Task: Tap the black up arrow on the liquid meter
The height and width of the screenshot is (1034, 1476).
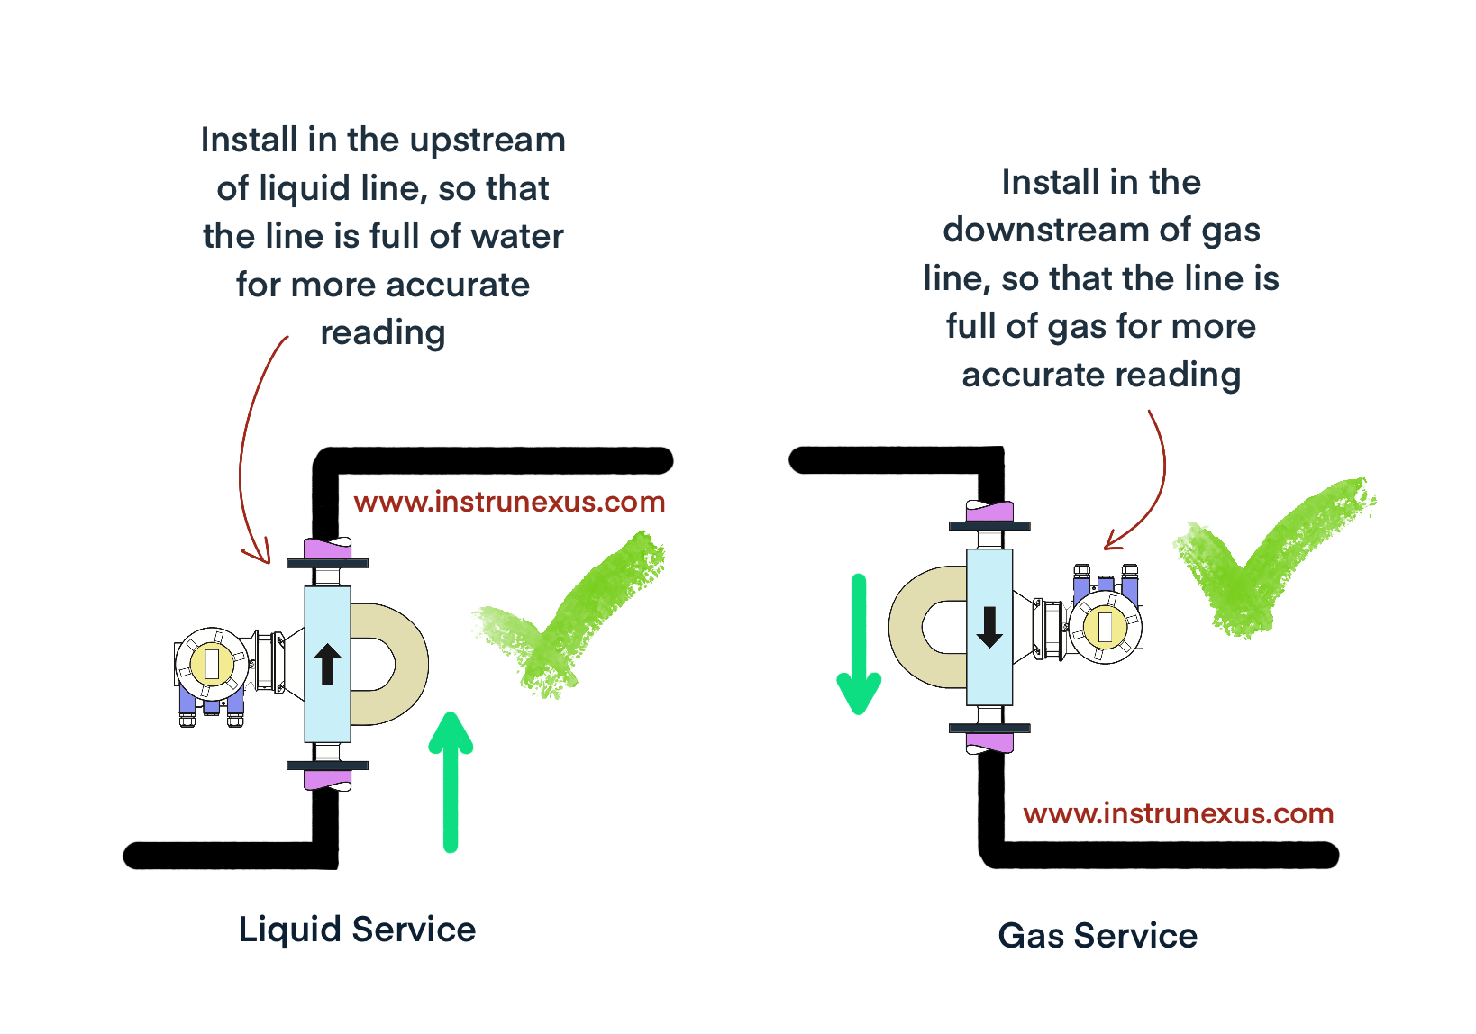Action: pyautogui.click(x=327, y=665)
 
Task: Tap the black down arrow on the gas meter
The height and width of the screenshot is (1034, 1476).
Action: pyautogui.click(x=989, y=627)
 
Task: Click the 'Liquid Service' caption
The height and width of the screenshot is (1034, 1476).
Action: pyautogui.click(x=357, y=930)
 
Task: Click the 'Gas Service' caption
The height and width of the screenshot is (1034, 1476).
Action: pyautogui.click(x=1098, y=936)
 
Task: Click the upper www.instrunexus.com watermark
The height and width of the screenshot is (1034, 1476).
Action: pyautogui.click(x=509, y=502)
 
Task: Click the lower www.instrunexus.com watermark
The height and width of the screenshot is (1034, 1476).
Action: pyautogui.click(x=1178, y=813)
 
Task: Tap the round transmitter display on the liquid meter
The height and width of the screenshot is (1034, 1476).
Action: pyautogui.click(x=212, y=664)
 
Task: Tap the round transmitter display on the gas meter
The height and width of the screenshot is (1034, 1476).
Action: pyautogui.click(x=1106, y=627)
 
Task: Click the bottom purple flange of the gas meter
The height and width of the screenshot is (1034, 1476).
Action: pyautogui.click(x=989, y=743)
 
